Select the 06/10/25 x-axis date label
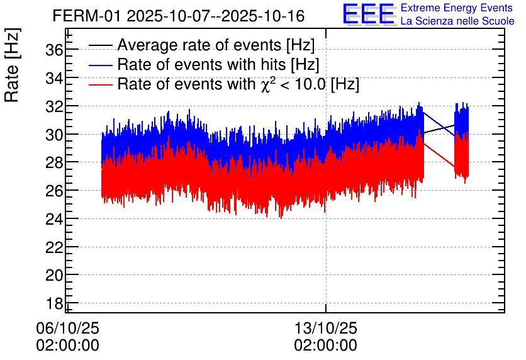point(68,328)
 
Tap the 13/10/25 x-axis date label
point(326,328)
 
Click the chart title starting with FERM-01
point(179,16)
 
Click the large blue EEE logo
point(369,14)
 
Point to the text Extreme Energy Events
point(457,8)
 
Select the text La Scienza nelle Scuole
point(457,21)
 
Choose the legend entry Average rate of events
point(215,45)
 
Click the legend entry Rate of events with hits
point(218,64)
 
